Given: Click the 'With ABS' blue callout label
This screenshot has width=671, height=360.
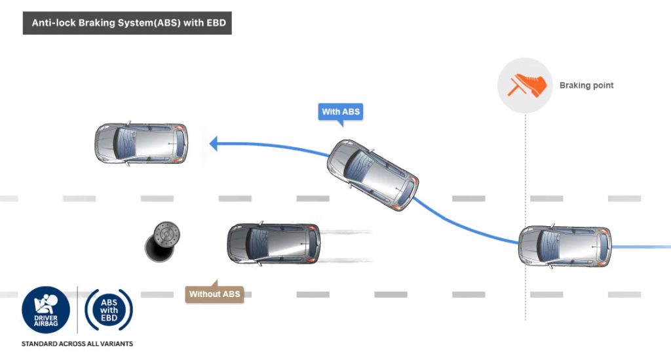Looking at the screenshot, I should [x=340, y=111].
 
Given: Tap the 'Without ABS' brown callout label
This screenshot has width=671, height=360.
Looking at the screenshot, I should [x=214, y=294].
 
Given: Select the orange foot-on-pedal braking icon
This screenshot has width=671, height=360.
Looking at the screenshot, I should [x=526, y=85].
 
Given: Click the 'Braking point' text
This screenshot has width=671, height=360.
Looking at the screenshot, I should [x=586, y=85].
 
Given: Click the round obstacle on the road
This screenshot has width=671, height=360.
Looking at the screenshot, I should [x=163, y=241].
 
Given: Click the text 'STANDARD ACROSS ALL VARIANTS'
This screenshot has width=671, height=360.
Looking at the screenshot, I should [x=77, y=344].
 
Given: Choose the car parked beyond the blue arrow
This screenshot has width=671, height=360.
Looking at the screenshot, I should [x=142, y=144].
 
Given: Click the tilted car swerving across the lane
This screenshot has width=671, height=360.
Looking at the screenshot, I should [x=372, y=174].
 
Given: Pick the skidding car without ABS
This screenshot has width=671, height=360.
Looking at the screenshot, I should [x=273, y=243].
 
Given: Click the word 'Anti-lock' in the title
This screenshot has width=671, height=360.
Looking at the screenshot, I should [x=54, y=22].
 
